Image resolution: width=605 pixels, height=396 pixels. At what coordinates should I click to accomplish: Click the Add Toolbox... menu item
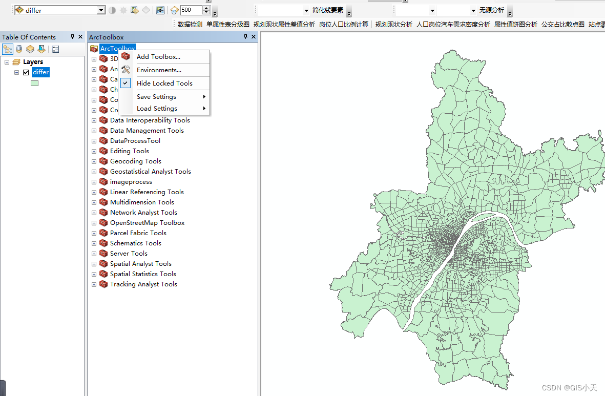(158, 57)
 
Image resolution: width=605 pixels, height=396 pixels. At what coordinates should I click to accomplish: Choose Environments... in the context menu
(159, 70)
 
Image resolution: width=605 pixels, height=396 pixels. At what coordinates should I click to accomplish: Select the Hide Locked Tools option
(164, 84)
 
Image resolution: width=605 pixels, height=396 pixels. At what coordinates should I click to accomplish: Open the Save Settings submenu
(156, 97)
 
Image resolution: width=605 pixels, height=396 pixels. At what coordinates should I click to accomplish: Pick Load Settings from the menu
(157, 109)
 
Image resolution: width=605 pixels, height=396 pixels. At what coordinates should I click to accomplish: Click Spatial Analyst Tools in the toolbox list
(140, 264)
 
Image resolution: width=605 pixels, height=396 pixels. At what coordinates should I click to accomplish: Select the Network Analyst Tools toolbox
(143, 213)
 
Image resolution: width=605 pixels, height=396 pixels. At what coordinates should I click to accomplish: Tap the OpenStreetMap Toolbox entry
(147, 223)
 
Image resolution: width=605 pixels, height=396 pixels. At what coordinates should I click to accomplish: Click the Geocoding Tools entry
(135, 161)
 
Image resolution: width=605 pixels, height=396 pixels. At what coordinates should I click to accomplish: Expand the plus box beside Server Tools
(94, 254)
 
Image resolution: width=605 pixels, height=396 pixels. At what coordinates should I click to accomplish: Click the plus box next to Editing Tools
(94, 151)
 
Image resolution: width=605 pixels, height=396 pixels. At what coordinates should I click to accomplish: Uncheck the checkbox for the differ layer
(26, 72)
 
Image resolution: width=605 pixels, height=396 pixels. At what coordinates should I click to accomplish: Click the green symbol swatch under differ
(34, 83)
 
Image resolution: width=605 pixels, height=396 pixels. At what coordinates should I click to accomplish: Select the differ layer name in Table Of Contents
(40, 72)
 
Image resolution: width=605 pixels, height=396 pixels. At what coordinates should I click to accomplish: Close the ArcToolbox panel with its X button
(254, 37)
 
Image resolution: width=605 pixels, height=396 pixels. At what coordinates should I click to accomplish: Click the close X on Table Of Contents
(80, 37)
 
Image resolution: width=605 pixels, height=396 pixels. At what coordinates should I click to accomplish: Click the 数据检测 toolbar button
(190, 24)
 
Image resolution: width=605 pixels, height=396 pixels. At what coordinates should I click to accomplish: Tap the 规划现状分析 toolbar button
(393, 24)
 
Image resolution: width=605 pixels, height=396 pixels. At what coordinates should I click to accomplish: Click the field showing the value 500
(191, 10)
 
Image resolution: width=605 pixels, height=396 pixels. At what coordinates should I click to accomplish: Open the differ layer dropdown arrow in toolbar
(101, 10)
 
